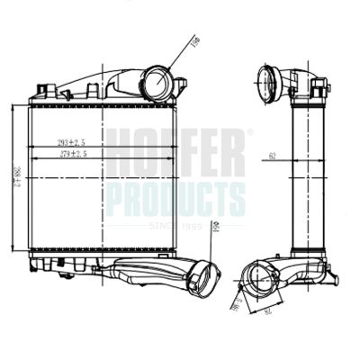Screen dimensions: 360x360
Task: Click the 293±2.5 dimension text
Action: pyautogui.click(x=73, y=142)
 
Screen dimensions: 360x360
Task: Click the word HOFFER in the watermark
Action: pyautogui.click(x=175, y=153)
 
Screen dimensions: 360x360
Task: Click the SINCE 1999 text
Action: pyautogui.click(x=175, y=226)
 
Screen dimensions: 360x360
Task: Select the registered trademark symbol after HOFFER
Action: pyautogui.click(x=250, y=132)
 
